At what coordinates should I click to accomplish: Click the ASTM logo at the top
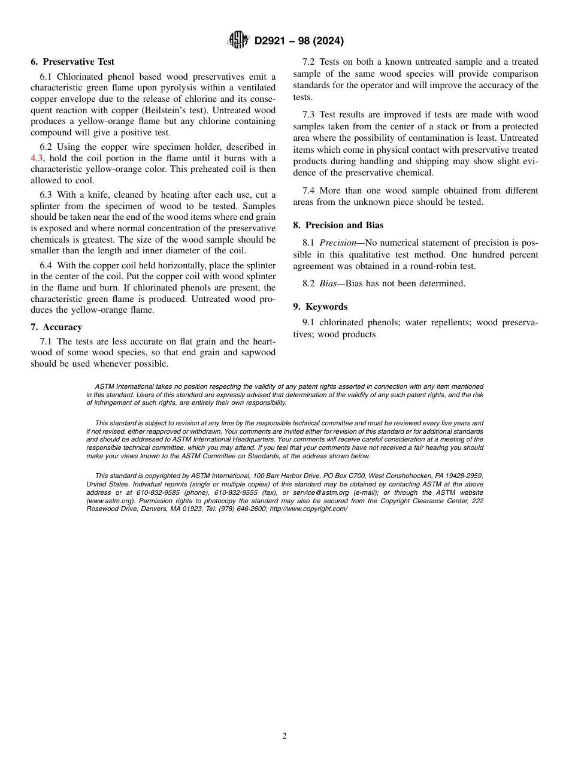[237, 41]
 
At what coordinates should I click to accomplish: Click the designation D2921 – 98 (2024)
[299, 41]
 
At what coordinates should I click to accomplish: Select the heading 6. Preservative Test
[72, 62]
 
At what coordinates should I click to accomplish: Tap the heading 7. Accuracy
[56, 327]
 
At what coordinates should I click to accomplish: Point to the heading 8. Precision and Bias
[338, 225]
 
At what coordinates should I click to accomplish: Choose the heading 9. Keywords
[320, 307]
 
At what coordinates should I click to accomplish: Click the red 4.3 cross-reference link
[37, 158]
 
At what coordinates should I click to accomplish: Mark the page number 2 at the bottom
[284, 736]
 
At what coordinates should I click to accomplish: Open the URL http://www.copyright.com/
[308, 509]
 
